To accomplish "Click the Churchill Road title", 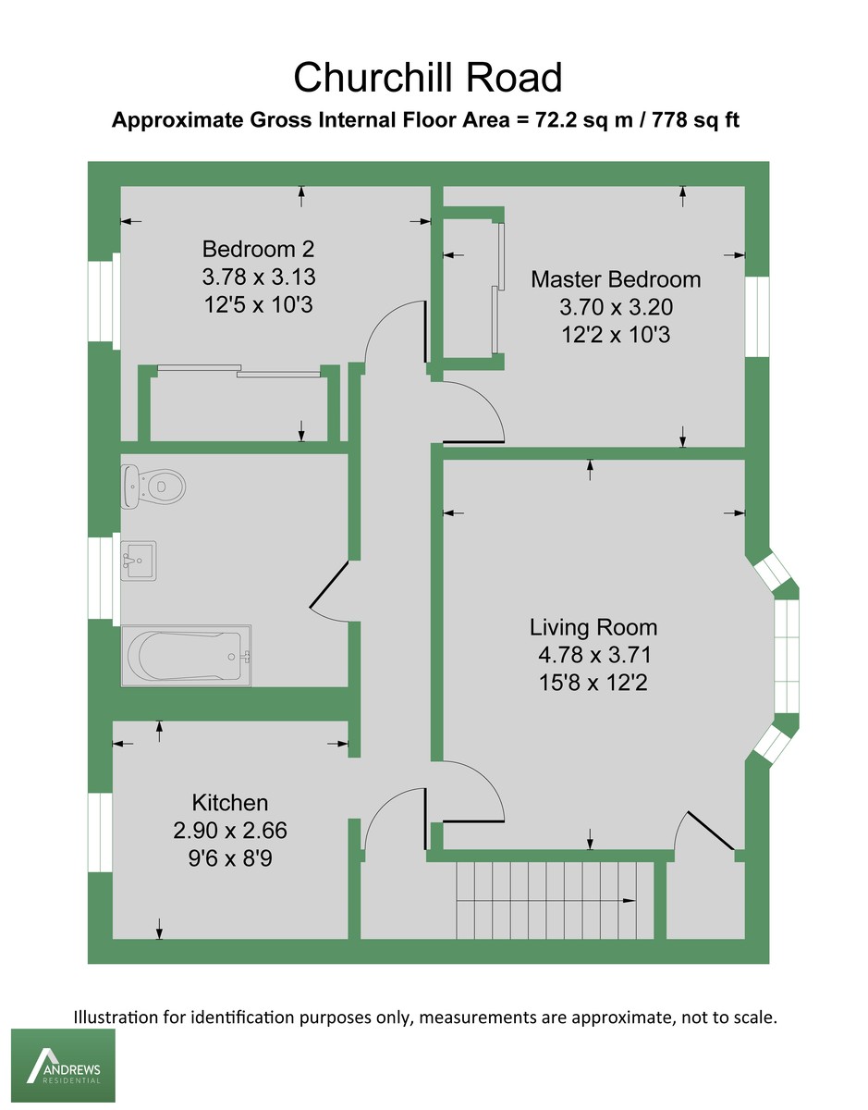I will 427,78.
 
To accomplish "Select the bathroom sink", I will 139,560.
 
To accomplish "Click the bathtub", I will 186,656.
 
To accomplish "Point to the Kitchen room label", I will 230,802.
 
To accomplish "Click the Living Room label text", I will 593,627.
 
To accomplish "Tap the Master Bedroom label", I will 616,278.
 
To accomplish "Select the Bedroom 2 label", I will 259,249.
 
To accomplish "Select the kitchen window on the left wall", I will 100,832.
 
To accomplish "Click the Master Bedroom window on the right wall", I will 757,316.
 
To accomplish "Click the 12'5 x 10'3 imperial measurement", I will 259,303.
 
